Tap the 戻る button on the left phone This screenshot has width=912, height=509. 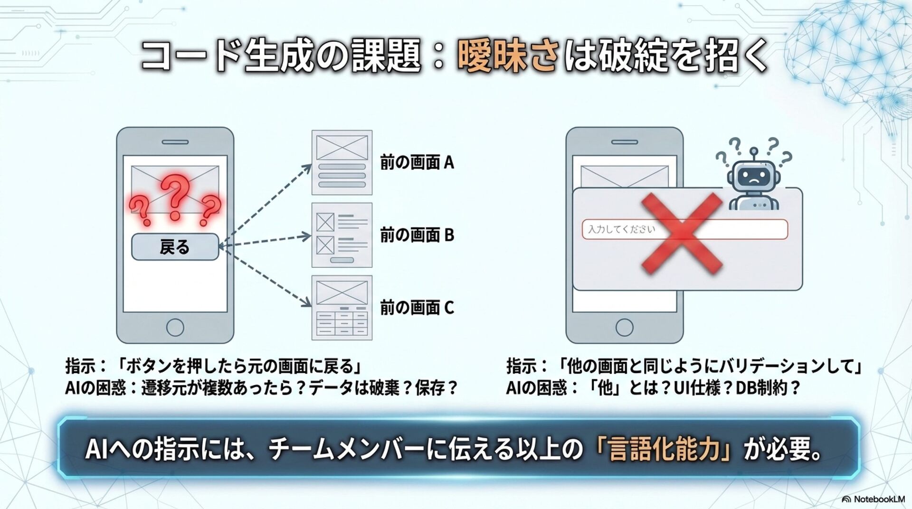pos(175,247)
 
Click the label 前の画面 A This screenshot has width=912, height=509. pos(417,163)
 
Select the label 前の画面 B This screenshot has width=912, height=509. pos(417,235)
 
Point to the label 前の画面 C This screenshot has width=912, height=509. pos(417,308)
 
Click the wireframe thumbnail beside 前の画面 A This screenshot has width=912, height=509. pos(342,162)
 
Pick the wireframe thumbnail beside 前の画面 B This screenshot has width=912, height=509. pos(342,235)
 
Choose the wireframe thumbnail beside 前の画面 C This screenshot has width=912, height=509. pos(342,308)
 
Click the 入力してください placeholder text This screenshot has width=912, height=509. pos(621,230)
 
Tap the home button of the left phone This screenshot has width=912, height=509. pos(175,327)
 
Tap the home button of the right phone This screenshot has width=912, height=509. pos(624,327)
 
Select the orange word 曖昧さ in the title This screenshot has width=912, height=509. pos(507,56)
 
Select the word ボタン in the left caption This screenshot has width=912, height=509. pos(144,367)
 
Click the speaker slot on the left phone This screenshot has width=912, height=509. pos(175,142)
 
